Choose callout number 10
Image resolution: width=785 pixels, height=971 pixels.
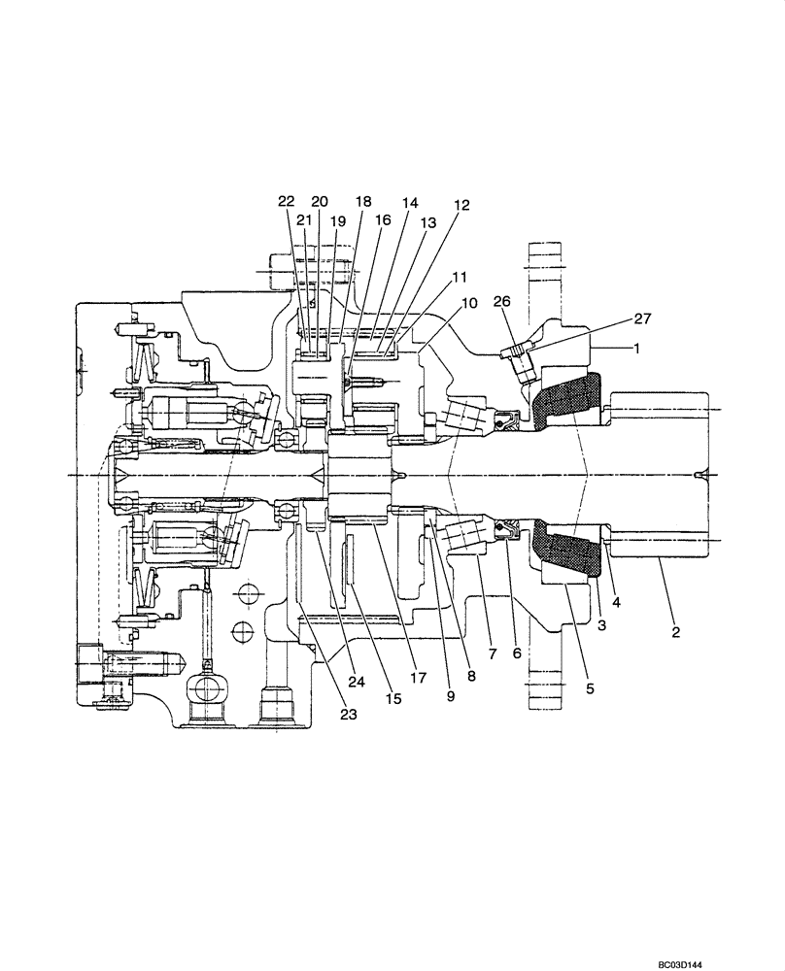(x=469, y=303)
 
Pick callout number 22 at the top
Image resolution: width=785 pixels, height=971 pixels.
(x=286, y=201)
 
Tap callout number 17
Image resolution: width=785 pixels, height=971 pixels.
(x=418, y=679)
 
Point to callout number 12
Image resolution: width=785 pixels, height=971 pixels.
(x=461, y=205)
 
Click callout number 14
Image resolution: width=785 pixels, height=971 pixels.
(x=409, y=203)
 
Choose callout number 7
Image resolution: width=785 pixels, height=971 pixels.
(x=492, y=654)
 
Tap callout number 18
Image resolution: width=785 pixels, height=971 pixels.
(x=363, y=201)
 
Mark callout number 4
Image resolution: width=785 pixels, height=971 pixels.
(x=616, y=601)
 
